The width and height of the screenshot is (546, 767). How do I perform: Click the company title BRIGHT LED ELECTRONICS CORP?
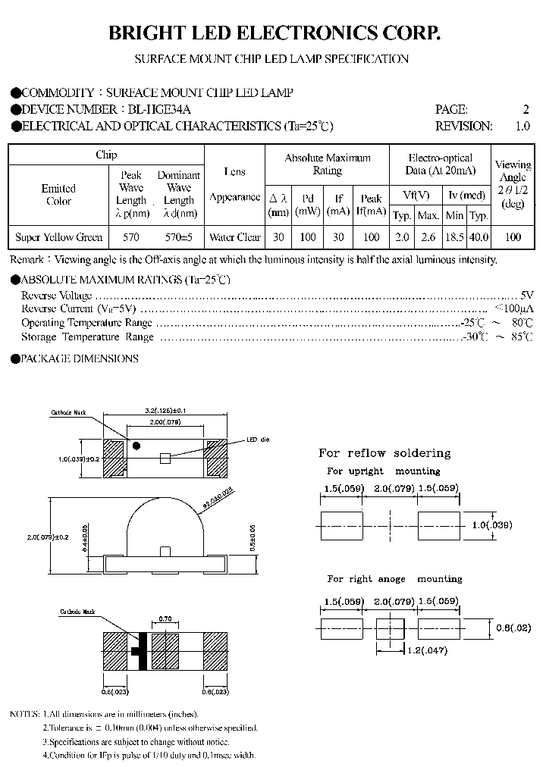(x=273, y=33)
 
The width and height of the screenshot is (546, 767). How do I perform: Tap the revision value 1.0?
(x=522, y=126)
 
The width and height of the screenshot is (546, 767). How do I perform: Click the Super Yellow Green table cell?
(x=59, y=237)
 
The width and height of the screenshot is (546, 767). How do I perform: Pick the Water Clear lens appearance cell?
(x=234, y=237)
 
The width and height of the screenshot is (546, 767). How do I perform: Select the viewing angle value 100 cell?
(x=513, y=237)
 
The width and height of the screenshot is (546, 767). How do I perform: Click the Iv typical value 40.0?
(x=479, y=237)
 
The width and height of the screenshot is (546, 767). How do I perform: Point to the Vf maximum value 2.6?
(x=428, y=237)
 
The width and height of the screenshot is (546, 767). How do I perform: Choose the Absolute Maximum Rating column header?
(x=328, y=164)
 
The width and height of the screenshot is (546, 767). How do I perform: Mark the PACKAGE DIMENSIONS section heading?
(x=79, y=358)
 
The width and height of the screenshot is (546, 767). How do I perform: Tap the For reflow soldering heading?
(x=384, y=453)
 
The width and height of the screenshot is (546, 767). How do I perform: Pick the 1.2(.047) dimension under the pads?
(x=426, y=650)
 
